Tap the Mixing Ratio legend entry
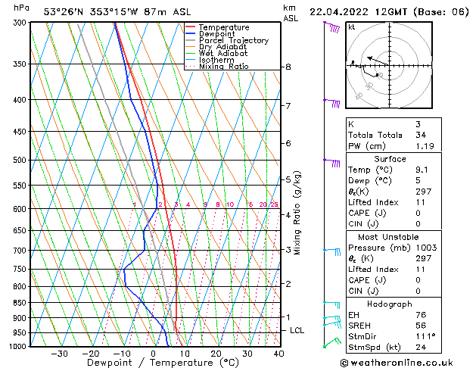click(x=224, y=67)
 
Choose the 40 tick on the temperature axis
click(x=278, y=354)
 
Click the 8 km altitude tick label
click(x=288, y=67)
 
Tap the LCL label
click(x=297, y=331)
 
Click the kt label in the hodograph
click(x=351, y=27)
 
